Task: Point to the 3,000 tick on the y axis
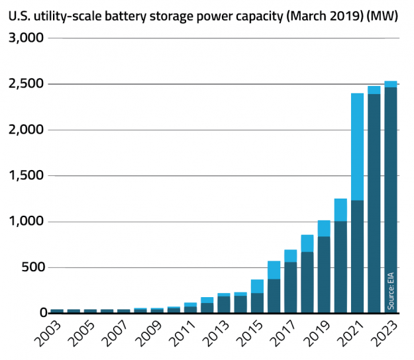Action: [x=26, y=39]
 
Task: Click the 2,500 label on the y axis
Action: [x=26, y=85]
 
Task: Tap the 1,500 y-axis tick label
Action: [x=26, y=176]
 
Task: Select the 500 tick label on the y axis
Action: [x=31, y=267]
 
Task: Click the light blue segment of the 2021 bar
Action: [x=358, y=146]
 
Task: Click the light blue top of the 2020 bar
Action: [x=340, y=210]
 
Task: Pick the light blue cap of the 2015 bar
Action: [x=257, y=286]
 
